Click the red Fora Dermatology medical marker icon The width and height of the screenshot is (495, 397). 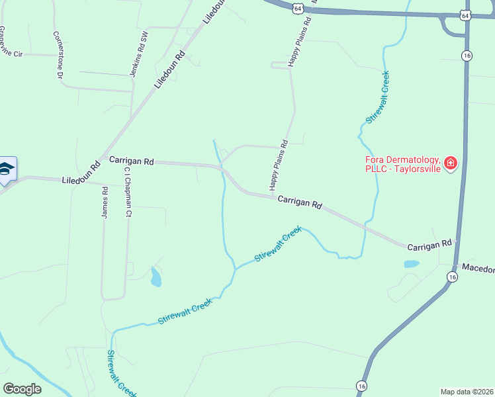click(x=451, y=163)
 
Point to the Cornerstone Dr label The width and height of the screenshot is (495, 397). click(x=58, y=56)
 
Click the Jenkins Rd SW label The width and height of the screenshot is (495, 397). click(x=137, y=53)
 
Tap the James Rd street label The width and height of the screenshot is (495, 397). click(x=105, y=202)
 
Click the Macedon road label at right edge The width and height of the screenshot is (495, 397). click(x=478, y=268)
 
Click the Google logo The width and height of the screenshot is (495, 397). click(x=22, y=389)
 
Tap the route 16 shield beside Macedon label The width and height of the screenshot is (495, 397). click(x=452, y=277)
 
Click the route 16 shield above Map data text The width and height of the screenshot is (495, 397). click(x=361, y=385)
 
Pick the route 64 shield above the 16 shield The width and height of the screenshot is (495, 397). click(x=466, y=15)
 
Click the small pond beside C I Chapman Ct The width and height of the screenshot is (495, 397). click(x=156, y=277)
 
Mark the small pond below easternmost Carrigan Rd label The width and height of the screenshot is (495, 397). click(x=411, y=264)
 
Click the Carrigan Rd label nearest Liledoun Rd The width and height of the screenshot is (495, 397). click(x=131, y=161)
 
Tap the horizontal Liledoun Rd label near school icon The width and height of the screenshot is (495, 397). click(x=80, y=180)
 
